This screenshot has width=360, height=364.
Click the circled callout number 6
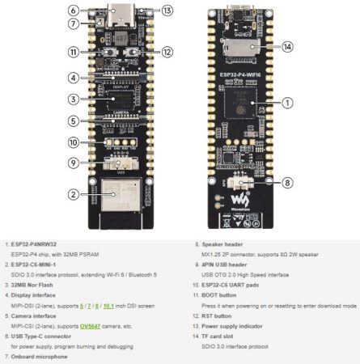[74, 11]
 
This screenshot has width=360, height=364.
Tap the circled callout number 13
[167, 11]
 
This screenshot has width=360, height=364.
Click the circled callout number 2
[74, 195]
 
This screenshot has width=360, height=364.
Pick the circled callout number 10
[74, 142]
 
